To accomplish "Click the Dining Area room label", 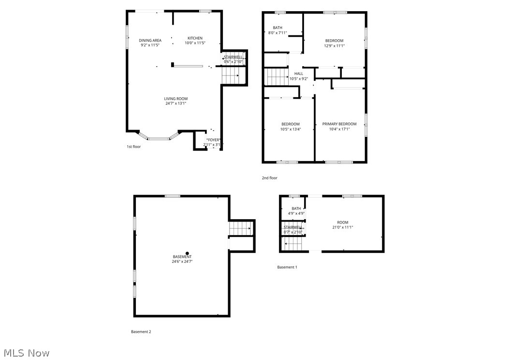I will point(150,40).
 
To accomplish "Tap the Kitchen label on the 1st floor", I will point(195,38).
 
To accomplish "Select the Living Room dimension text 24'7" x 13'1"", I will point(175,103).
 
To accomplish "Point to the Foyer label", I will point(214,140).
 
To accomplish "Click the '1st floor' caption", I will point(133,147).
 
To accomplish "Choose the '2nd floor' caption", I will point(269,178).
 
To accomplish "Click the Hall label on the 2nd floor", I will point(298,74).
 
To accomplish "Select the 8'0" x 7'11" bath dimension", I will point(277,33).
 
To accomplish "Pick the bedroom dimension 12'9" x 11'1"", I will point(334,46).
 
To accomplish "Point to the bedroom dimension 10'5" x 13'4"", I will point(291,129).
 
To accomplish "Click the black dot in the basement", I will point(188,253).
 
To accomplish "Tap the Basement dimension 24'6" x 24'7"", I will point(182,262).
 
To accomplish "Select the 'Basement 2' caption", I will point(141,331).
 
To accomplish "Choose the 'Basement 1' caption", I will point(287,267).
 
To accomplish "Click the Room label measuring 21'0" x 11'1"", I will point(342,222).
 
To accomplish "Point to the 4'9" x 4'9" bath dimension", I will point(296,213).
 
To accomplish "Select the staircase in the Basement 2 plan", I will point(241,227).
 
